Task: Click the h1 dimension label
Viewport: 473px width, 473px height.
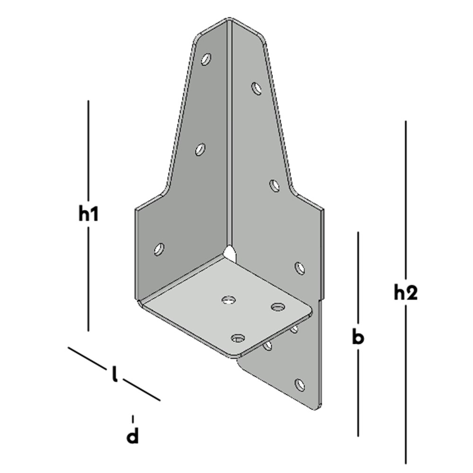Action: (88, 214)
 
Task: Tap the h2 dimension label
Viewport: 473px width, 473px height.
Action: (406, 292)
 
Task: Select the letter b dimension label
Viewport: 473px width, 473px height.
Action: (358, 337)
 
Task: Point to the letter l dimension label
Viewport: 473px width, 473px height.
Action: (114, 374)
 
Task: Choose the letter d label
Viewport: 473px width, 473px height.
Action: (132, 435)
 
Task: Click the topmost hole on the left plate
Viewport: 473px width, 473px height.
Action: (206, 59)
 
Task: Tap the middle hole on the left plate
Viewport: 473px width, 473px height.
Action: (200, 149)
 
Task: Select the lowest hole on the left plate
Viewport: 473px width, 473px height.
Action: (159, 249)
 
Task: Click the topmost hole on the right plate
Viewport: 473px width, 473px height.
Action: (256, 88)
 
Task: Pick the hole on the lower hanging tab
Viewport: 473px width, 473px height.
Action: (299, 385)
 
